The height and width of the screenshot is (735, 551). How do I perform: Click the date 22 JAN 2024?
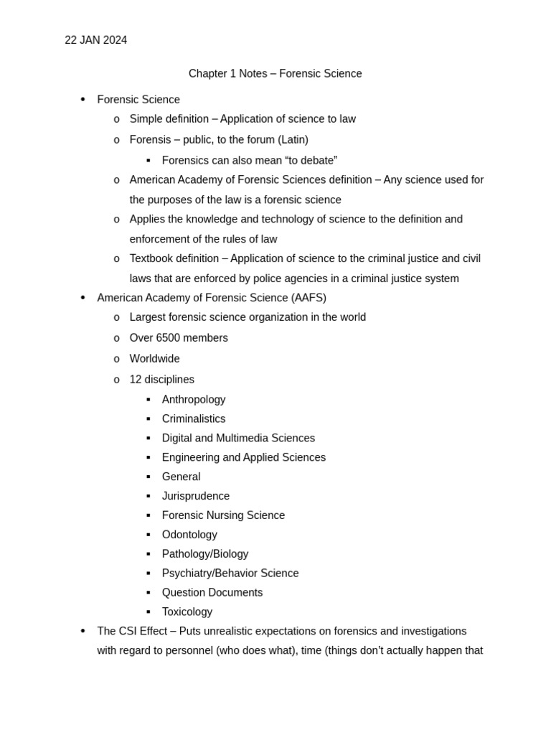[x=95, y=40]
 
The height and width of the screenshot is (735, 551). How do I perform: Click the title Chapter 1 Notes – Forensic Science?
[x=275, y=74]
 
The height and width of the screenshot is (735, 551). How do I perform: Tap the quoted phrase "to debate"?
[x=305, y=161]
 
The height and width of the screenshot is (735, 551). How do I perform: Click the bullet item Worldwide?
[x=154, y=359]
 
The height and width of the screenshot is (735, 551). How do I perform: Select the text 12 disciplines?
[x=161, y=380]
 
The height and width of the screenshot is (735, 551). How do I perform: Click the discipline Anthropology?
[x=194, y=400]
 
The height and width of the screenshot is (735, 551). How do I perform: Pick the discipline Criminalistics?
[x=194, y=419]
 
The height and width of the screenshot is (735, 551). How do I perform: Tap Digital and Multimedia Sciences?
[x=238, y=439]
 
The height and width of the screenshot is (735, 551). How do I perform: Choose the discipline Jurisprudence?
[x=196, y=497]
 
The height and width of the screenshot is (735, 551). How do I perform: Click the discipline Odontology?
[x=189, y=535]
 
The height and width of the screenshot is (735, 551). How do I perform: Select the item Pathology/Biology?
[x=205, y=554]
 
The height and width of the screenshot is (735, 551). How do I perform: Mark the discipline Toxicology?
[x=187, y=612]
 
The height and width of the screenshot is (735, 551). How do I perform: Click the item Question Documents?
[x=212, y=593]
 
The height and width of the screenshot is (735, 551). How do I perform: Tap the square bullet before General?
[x=149, y=477]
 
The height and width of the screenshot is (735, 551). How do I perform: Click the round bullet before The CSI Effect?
[x=83, y=631]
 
